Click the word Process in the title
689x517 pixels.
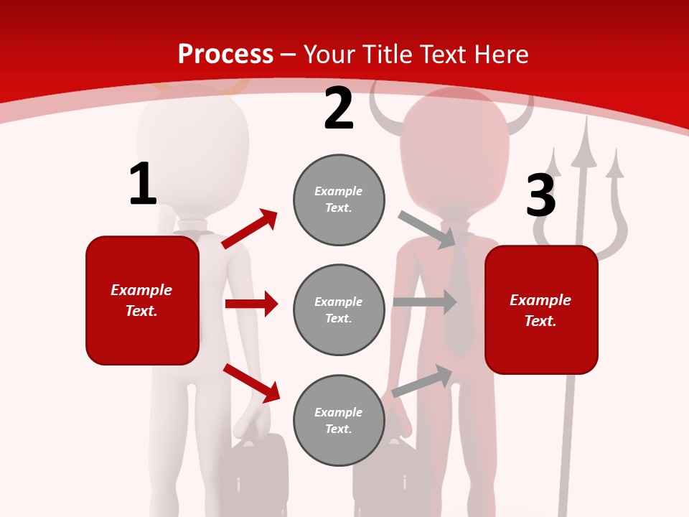click(225, 54)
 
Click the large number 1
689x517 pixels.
click(143, 185)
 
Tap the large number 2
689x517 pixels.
click(339, 108)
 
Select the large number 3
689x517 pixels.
click(541, 196)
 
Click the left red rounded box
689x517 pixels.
click(142, 300)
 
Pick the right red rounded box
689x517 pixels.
click(541, 310)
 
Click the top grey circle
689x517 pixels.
click(339, 200)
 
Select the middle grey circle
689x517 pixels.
click(339, 309)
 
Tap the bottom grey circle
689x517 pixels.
click(339, 420)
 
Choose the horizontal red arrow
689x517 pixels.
click(251, 304)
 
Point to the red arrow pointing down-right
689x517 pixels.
click(251, 383)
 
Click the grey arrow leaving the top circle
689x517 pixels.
click(427, 229)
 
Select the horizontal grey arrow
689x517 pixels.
click(424, 302)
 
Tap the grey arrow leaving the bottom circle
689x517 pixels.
click(422, 381)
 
